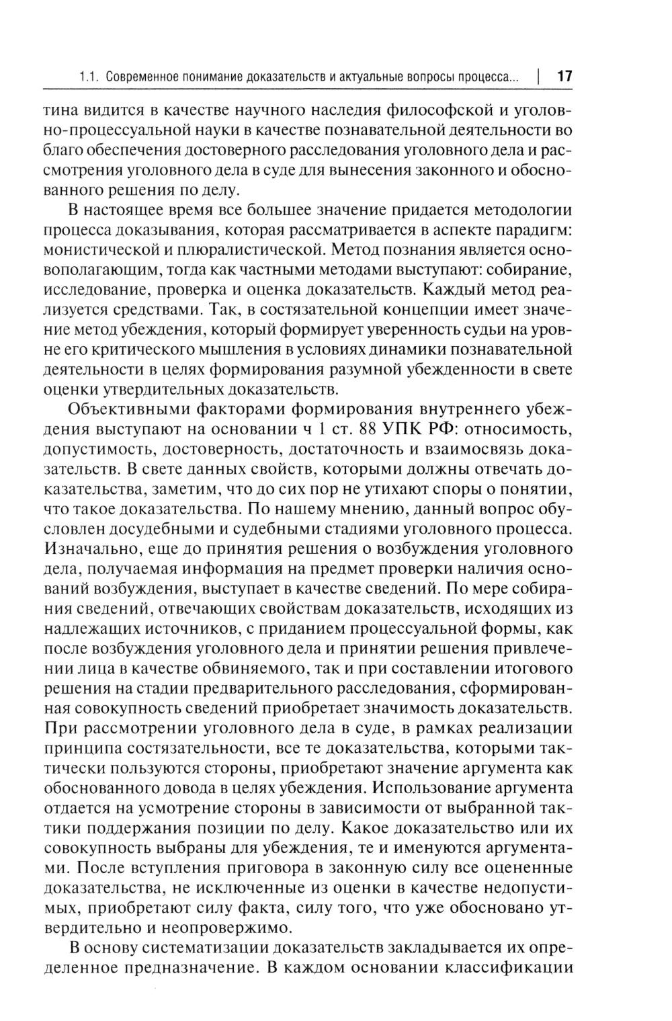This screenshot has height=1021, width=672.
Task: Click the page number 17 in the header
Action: [564, 76]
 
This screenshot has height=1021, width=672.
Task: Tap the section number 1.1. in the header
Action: [89, 77]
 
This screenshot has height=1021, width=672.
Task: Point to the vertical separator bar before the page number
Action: [540, 77]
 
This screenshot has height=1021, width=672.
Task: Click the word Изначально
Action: [91, 548]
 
